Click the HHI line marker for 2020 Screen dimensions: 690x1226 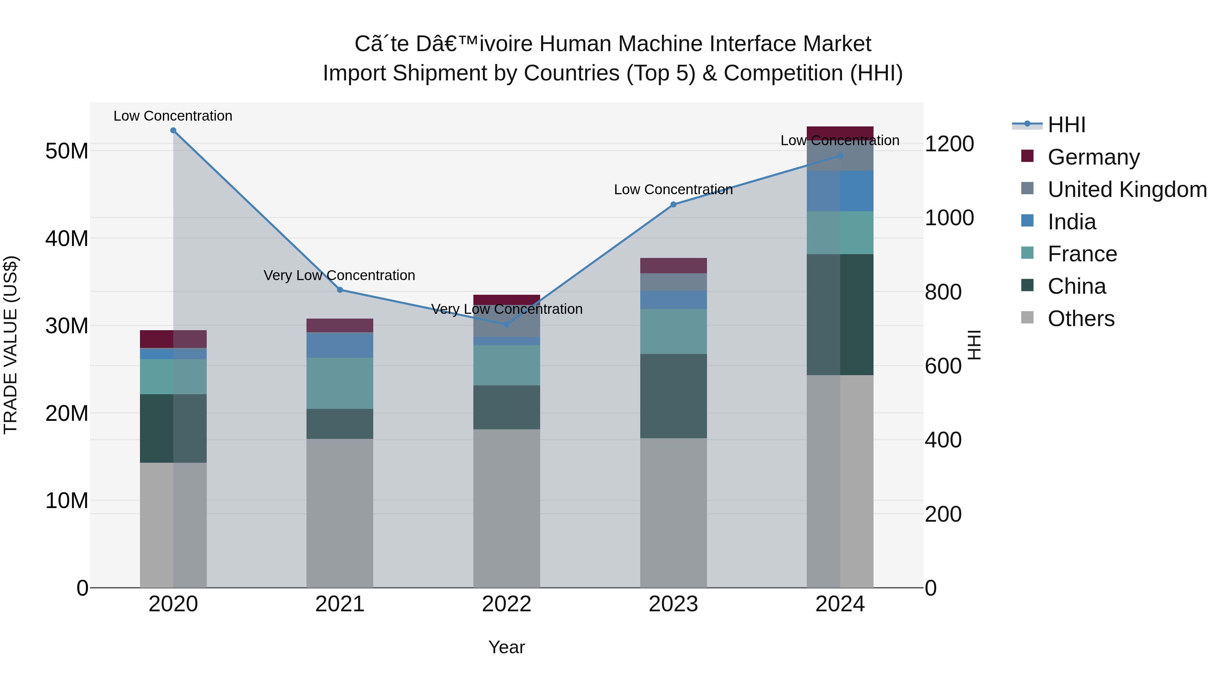coord(173,131)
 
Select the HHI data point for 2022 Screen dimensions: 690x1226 coord(506,324)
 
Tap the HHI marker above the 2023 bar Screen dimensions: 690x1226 coord(673,205)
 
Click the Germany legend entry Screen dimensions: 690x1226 coord(1093,157)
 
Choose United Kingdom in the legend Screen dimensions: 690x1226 coord(1127,189)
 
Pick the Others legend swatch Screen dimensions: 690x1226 coord(1027,318)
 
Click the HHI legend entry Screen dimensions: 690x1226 coord(1066,125)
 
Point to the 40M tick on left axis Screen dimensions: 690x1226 coord(67,239)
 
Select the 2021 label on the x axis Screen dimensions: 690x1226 coord(340,604)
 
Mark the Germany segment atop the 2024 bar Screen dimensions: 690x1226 coord(839,133)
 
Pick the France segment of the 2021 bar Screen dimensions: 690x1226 coord(340,383)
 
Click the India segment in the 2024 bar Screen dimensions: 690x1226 coord(839,191)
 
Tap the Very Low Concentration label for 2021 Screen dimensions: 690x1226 coord(339,276)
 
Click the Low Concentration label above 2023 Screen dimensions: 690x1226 coord(673,189)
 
